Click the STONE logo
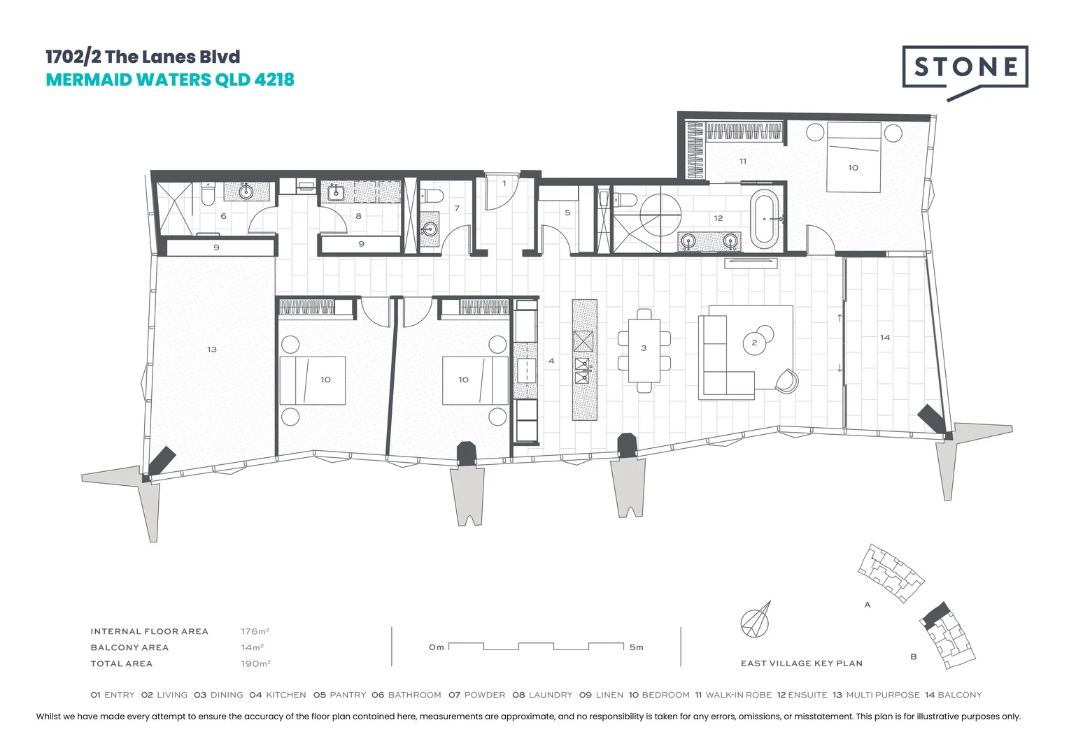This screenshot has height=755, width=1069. tap(965, 67)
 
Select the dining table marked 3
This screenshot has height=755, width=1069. tap(644, 350)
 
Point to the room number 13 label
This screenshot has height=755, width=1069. tap(212, 349)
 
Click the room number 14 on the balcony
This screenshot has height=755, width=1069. tap(885, 338)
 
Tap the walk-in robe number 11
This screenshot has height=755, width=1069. tap(743, 161)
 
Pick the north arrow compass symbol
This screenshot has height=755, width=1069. tap(756, 619)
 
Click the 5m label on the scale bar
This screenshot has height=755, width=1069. tap(636, 647)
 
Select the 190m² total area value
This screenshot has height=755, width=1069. tap(255, 663)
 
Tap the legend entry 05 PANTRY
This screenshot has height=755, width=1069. tap(339, 695)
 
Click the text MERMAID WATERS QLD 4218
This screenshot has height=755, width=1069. tap(170, 80)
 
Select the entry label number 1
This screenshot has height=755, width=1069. tap(504, 184)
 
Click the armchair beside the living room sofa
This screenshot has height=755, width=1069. tap(786, 380)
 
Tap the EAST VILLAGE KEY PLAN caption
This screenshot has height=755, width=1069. tap(801, 663)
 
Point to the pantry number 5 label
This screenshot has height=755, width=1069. tap(567, 213)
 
